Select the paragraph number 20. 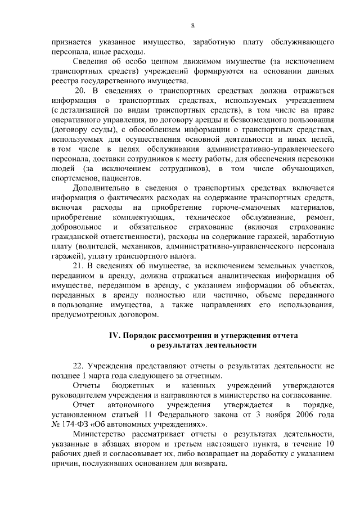80,92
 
